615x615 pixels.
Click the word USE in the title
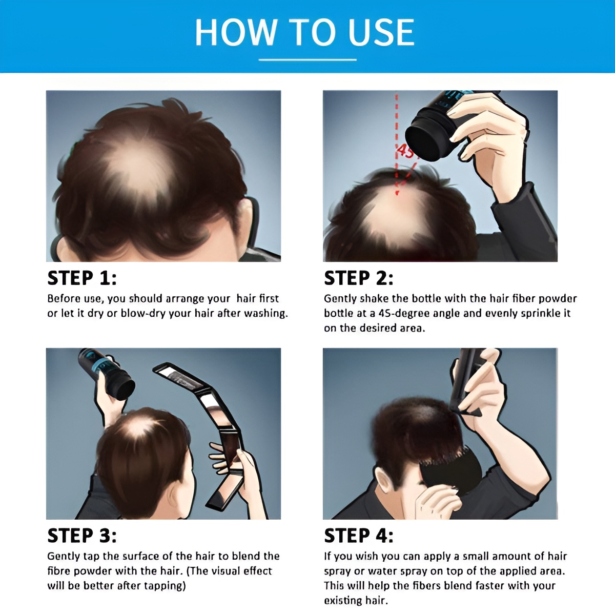pyautogui.click(x=381, y=32)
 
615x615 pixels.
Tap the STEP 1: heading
pyautogui.click(x=82, y=278)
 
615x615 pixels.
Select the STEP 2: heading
pyautogui.click(x=359, y=278)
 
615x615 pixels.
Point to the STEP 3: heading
pyautogui.click(x=82, y=536)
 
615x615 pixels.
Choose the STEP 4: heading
pyautogui.click(x=359, y=536)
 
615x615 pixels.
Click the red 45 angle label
pyautogui.click(x=405, y=151)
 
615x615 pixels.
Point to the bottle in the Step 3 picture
pyautogui.click(x=107, y=374)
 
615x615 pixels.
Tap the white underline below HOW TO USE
pyautogui.click(x=307, y=59)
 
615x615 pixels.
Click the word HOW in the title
pyautogui.click(x=236, y=32)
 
